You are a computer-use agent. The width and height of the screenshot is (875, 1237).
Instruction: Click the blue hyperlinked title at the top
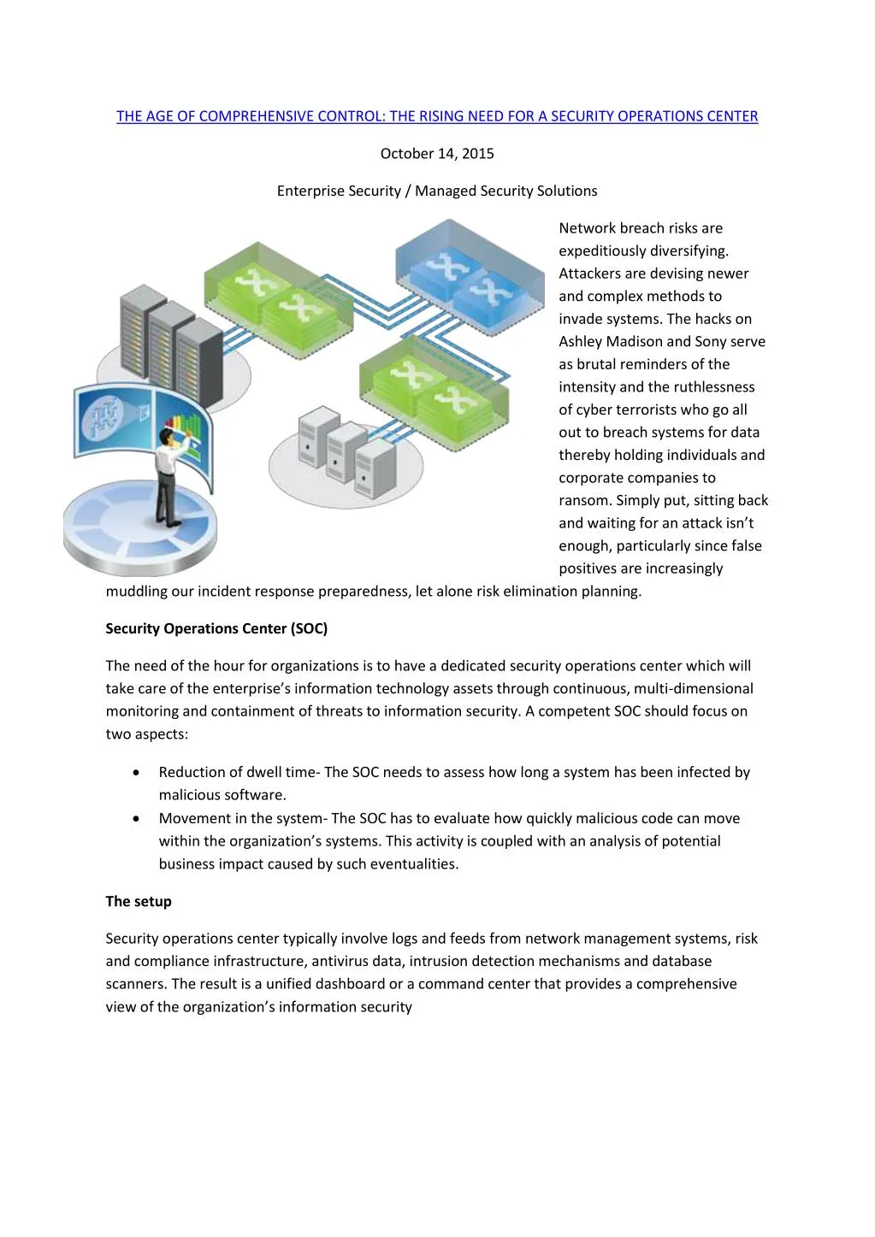437,116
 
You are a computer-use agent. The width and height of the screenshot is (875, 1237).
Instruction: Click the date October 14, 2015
437,154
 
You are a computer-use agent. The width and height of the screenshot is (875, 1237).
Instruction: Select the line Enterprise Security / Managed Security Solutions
437,191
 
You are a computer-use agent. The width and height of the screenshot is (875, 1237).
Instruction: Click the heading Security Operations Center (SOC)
216,628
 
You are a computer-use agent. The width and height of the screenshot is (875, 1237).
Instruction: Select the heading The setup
139,901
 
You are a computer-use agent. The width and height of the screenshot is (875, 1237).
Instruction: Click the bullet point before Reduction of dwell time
137,773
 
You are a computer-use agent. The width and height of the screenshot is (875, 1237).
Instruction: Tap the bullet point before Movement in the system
137,819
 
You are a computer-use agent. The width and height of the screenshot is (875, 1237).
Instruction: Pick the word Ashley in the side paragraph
582,342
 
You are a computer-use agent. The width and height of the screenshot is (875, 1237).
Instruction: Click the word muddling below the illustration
136,592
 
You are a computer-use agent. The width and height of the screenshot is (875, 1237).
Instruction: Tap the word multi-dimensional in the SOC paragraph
693,689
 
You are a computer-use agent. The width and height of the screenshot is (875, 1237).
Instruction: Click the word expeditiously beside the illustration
601,251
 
